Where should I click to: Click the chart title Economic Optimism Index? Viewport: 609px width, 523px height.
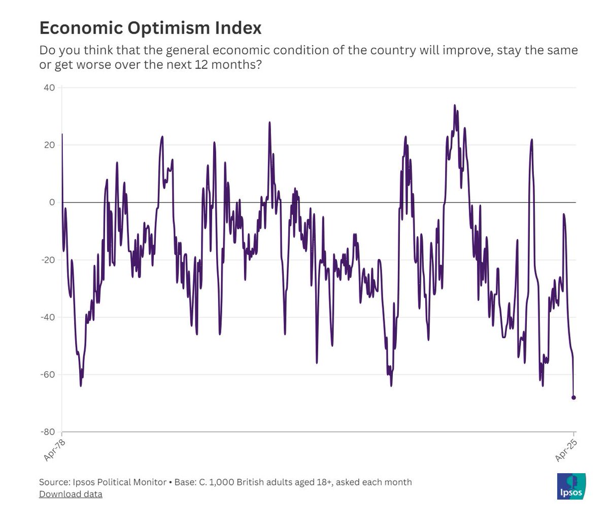point(150,28)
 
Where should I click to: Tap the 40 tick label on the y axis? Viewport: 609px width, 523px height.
point(50,88)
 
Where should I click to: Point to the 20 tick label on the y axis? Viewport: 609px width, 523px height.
point(50,145)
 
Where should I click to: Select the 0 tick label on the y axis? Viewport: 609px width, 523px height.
point(52,203)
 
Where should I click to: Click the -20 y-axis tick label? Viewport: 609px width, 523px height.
point(48,260)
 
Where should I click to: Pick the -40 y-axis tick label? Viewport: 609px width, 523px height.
point(48,317)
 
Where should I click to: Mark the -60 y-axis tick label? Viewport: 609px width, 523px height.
point(48,375)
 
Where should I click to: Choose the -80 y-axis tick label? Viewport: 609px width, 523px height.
point(48,432)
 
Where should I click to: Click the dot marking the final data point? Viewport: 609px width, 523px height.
point(574,398)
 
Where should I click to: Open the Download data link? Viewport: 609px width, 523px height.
point(71,494)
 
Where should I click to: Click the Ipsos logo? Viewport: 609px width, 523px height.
point(571,486)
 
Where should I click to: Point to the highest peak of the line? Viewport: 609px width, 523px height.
point(455,106)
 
